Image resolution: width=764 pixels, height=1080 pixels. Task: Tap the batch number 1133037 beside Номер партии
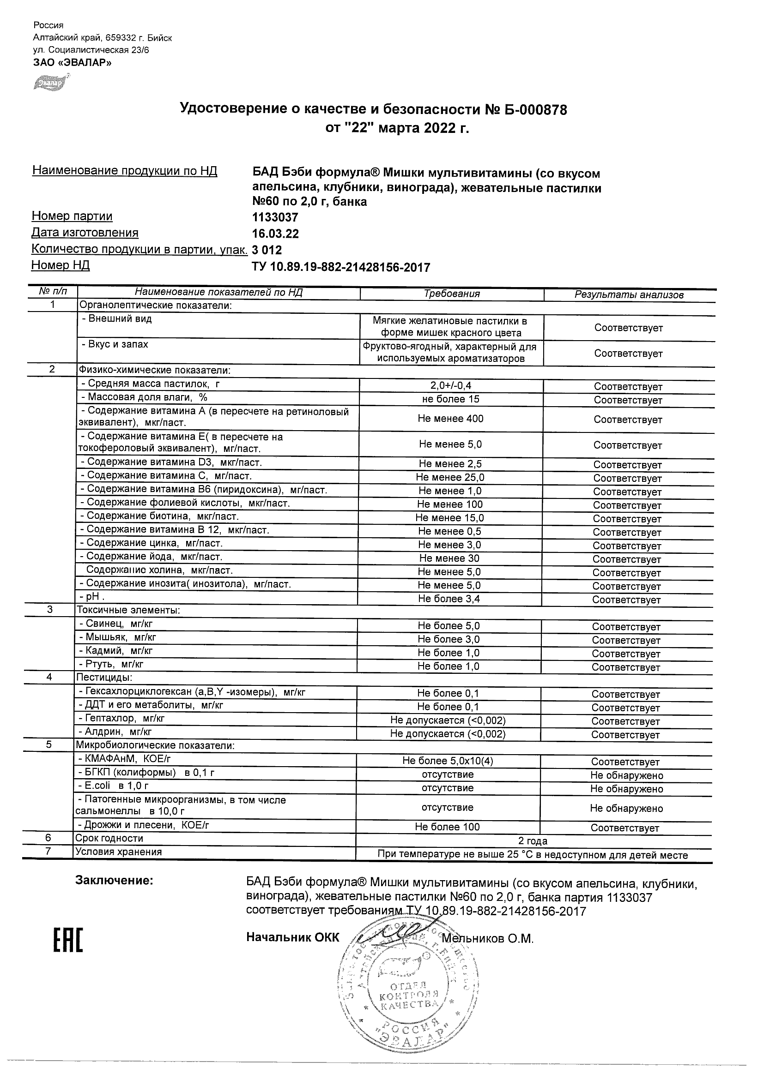pyautogui.click(x=275, y=217)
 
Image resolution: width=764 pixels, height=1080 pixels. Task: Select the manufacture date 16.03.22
pyautogui.click(x=275, y=234)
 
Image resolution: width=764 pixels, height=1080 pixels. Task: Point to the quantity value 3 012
pyautogui.click(x=267, y=250)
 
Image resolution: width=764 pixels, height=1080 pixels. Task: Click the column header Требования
pyautogui.click(x=451, y=294)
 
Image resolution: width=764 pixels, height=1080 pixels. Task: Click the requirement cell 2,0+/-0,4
pyautogui.click(x=450, y=386)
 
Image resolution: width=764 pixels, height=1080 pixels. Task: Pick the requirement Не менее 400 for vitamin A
pyautogui.click(x=450, y=419)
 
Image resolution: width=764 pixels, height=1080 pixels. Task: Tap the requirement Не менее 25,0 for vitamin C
pyautogui.click(x=450, y=477)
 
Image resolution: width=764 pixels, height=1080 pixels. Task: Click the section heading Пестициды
pyautogui.click(x=104, y=678)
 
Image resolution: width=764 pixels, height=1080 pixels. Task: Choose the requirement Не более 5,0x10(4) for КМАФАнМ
pyautogui.click(x=448, y=761)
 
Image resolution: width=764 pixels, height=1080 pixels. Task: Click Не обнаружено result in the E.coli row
pyautogui.click(x=626, y=789)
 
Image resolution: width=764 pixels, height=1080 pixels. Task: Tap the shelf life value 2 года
pyautogui.click(x=533, y=841)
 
